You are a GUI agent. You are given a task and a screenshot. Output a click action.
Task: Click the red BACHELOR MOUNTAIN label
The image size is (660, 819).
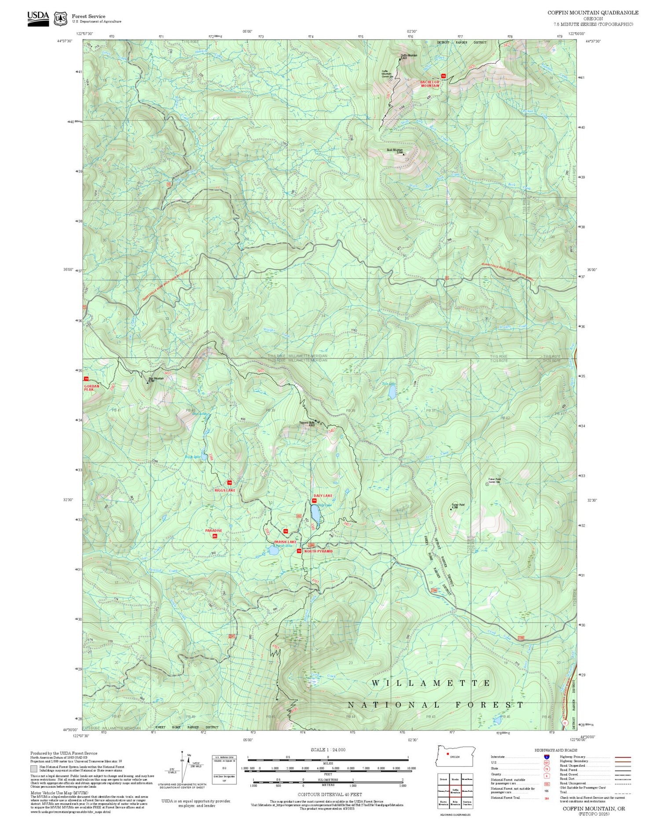click(x=429, y=84)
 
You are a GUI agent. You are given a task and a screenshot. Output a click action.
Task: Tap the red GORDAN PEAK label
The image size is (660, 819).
click(x=92, y=388)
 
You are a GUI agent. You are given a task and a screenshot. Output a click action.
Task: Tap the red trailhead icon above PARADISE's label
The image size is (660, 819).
click(x=215, y=536)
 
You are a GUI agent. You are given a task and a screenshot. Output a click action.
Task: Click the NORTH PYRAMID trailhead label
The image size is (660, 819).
click(x=318, y=551)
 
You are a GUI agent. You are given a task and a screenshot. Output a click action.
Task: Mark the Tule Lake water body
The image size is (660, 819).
click(x=392, y=393)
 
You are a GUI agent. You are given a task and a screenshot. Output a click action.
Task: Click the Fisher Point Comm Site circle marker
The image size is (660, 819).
click(x=487, y=484)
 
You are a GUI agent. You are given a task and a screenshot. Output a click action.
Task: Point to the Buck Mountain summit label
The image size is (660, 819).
click(x=395, y=150)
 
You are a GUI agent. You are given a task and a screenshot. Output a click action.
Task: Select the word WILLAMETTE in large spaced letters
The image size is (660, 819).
click(x=431, y=683)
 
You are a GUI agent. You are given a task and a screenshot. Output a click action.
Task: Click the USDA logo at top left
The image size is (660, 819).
click(x=38, y=18)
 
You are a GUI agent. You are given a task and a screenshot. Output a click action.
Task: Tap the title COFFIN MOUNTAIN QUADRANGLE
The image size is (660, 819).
click(x=593, y=13)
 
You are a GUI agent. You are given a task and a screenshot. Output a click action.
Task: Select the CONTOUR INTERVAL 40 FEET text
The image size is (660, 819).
click(x=330, y=795)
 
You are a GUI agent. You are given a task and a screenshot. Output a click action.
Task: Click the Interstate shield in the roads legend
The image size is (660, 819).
click(x=546, y=757)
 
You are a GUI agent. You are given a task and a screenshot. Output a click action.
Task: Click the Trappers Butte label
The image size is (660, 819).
click(x=306, y=424)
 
